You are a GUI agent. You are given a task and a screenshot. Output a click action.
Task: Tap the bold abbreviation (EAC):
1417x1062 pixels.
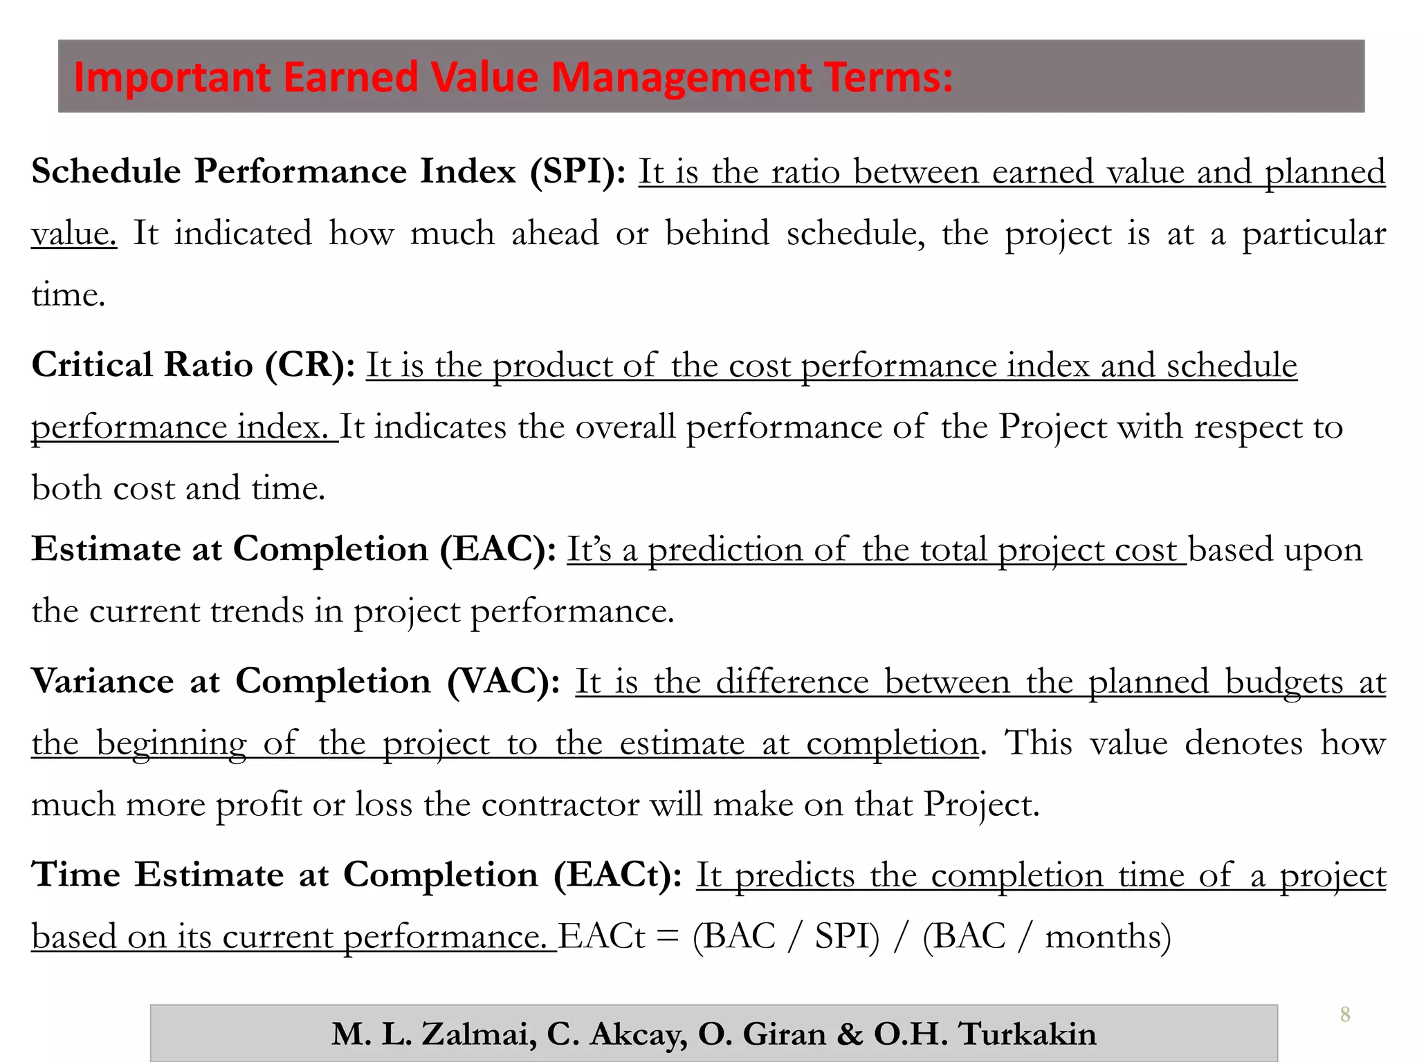499,550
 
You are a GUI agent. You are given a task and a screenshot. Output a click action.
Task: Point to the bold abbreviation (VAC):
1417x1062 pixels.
504,681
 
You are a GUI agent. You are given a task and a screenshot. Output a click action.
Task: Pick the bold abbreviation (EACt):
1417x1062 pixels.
618,875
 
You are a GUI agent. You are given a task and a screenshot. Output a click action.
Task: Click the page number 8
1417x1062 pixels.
1344,1014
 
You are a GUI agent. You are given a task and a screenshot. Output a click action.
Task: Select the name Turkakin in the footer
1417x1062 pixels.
1027,1034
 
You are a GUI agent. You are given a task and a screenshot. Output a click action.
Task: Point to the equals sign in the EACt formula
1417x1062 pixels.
668,937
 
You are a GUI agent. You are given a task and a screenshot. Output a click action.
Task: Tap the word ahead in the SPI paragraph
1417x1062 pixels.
555,233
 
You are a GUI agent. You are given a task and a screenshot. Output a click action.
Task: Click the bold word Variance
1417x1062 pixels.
102,681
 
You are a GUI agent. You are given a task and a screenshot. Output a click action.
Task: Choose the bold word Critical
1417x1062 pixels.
92,365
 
